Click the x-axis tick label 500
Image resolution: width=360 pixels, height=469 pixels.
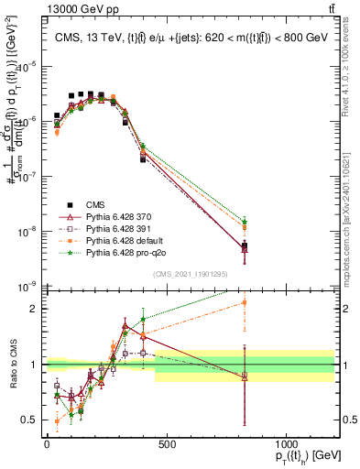click(166, 444)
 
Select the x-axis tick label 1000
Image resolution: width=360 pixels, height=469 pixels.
click(286, 444)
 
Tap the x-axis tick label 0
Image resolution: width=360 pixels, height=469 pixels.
click(47, 444)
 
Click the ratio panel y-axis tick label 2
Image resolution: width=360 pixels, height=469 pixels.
click(32, 309)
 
